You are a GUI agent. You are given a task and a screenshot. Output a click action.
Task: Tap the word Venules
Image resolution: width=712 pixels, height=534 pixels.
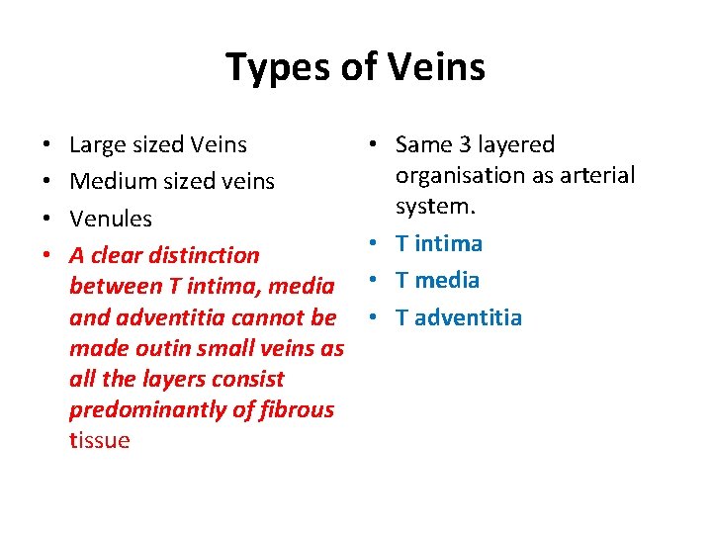click(111, 219)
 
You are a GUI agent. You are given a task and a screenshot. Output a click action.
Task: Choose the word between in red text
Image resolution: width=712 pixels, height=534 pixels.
click(114, 287)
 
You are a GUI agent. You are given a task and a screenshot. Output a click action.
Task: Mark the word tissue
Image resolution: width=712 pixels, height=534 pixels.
click(100, 440)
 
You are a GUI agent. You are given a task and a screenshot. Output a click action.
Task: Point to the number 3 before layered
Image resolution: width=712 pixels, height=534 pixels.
click(464, 145)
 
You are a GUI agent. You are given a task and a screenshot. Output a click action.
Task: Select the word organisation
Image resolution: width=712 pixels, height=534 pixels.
click(455, 176)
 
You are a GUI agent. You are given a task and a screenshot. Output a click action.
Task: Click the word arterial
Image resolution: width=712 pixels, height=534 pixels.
click(596, 175)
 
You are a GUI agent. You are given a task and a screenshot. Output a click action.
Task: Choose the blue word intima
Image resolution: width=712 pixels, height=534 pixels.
click(447, 243)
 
